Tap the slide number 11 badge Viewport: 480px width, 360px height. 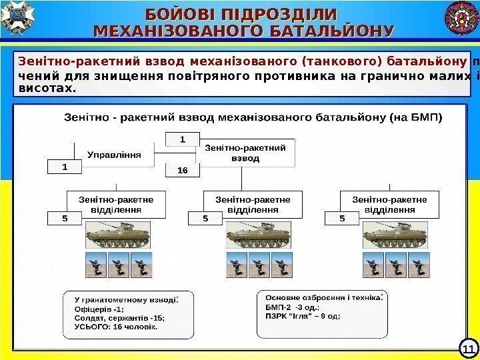click(x=467, y=348)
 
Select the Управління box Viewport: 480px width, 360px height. click(x=113, y=155)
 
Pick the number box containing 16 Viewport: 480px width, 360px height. click(x=183, y=171)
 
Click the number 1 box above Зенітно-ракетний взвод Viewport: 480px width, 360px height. click(x=183, y=139)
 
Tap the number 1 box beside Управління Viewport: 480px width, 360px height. click(x=64, y=167)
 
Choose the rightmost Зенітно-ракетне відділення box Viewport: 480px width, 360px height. click(x=390, y=203)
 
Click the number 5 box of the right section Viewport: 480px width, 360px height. click(x=341, y=217)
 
